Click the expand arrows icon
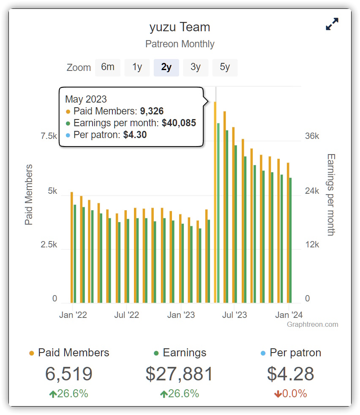click(332, 24)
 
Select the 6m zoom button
click(108, 68)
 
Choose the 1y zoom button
click(137, 68)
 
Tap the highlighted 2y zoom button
click(166, 68)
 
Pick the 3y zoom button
click(196, 68)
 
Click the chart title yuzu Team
click(180, 27)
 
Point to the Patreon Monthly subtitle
click(180, 44)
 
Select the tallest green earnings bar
click(218, 213)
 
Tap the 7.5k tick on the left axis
click(49, 136)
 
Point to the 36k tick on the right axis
click(312, 136)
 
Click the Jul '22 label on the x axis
click(127, 315)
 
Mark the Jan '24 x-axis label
click(289, 315)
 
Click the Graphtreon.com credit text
click(312, 325)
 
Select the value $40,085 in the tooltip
click(179, 123)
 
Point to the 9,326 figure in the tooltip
click(152, 111)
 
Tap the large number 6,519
click(69, 374)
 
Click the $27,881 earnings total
click(180, 374)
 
